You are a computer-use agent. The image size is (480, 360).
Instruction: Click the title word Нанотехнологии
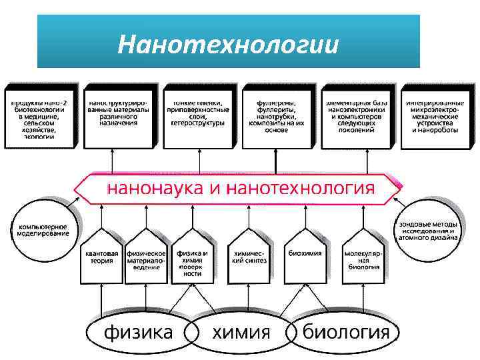point(228,45)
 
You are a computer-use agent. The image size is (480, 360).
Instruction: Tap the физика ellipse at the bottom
point(139,332)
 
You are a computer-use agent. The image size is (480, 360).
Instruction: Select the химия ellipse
point(241,332)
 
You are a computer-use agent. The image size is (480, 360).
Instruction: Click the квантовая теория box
point(101,257)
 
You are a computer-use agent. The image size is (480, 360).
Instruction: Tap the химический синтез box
point(249,257)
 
